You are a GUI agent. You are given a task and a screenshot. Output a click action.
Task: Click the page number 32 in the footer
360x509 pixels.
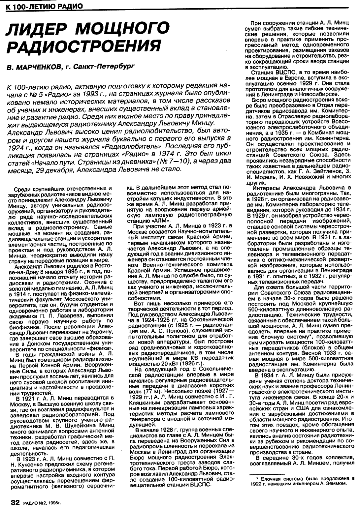(x=16, y=502)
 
